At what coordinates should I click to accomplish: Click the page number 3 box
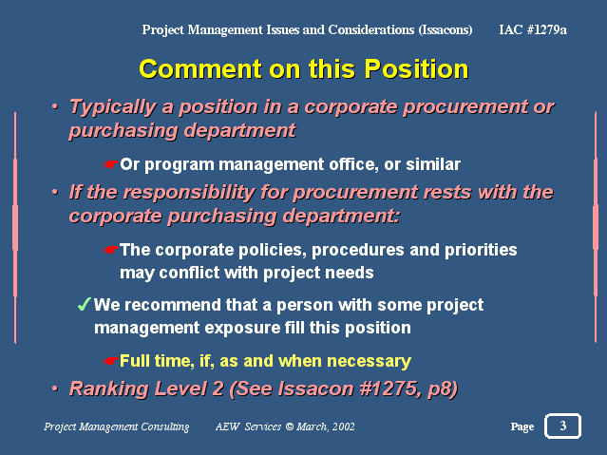562,426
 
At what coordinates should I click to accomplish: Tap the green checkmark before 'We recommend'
84,304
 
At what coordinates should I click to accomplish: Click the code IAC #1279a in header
533,29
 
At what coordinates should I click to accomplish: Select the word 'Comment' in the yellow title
200,69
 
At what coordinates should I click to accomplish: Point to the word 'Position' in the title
416,69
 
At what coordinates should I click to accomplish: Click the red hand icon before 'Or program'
110,164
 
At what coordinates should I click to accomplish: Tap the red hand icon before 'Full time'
110,361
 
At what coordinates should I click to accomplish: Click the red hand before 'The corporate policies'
110,250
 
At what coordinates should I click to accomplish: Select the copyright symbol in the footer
289,427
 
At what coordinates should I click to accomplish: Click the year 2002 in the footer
343,427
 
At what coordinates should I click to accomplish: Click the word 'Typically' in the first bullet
113,107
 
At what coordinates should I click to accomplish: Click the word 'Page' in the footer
522,427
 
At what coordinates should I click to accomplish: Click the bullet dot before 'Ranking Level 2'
55,388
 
